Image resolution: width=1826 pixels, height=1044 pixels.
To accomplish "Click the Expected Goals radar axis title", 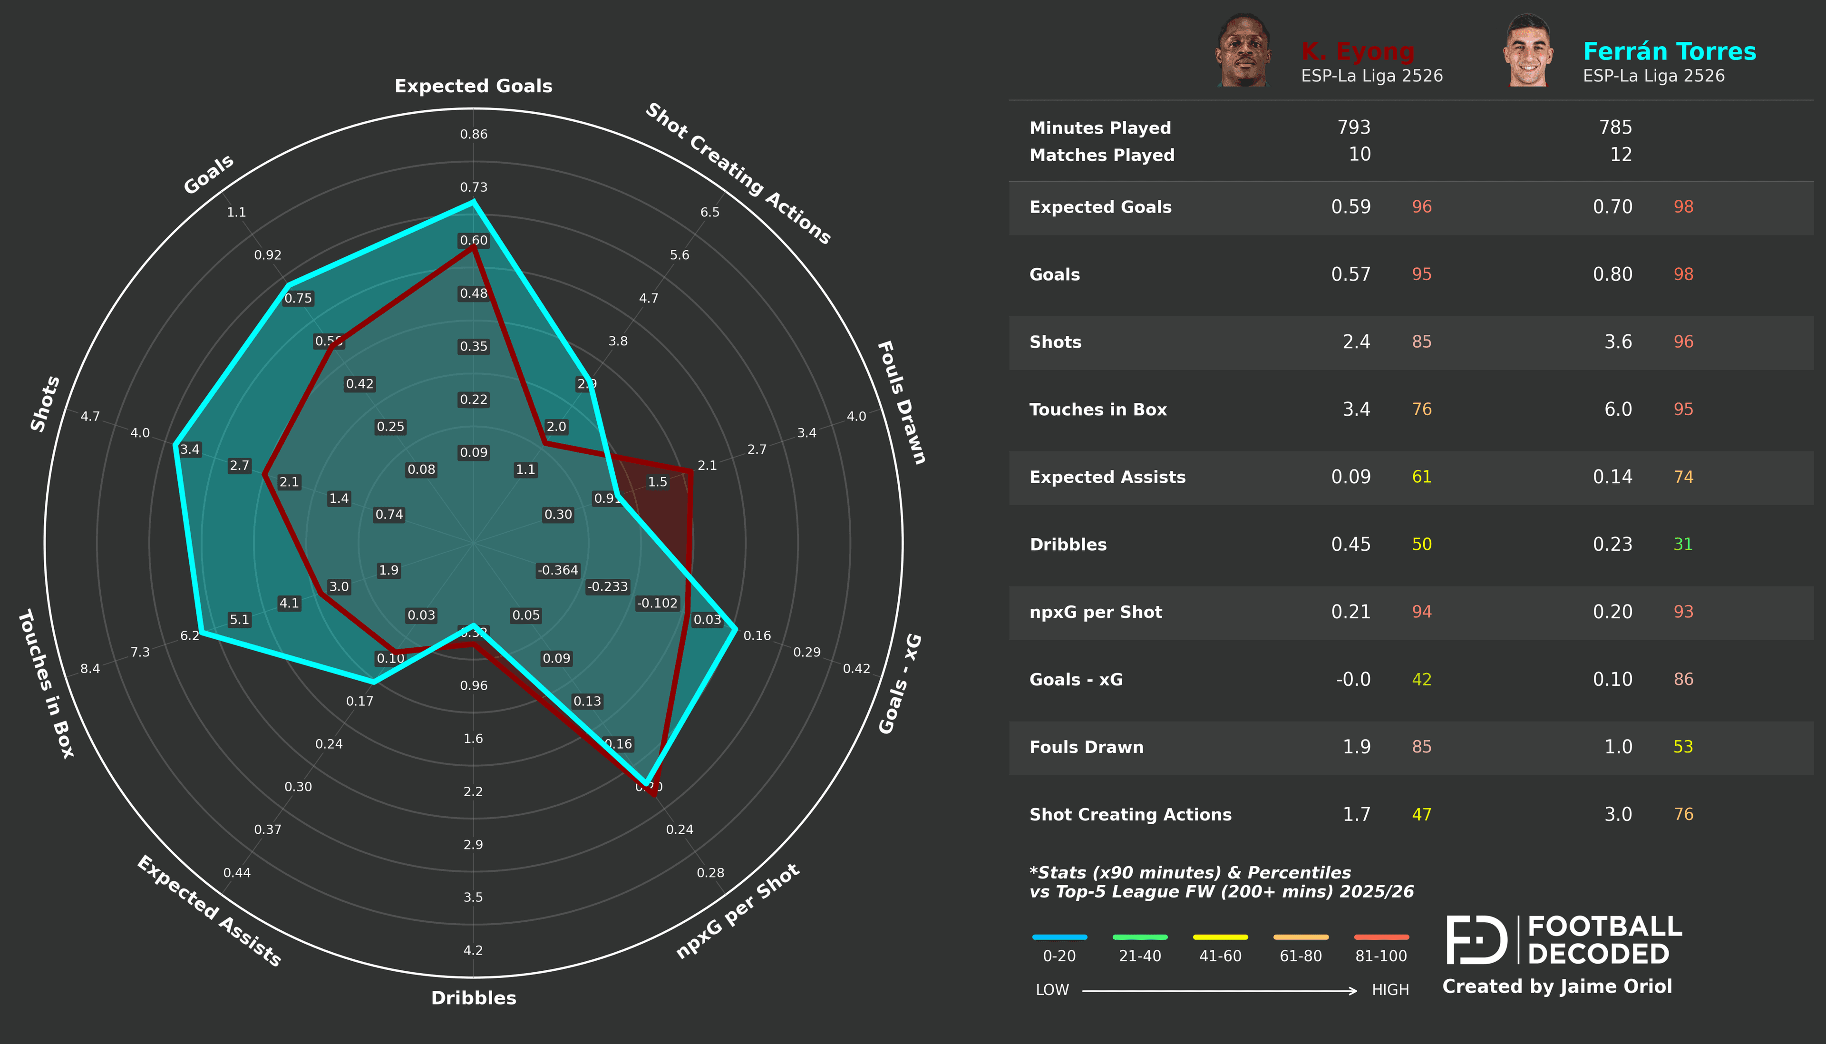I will (473, 86).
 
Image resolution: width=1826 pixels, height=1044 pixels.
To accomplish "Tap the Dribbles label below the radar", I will (473, 997).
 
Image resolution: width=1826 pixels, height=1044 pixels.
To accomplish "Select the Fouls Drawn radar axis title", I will (902, 402).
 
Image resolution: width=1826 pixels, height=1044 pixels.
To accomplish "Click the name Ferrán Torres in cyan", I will (1669, 52).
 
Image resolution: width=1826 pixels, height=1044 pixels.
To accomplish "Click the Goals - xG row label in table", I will (1076, 680).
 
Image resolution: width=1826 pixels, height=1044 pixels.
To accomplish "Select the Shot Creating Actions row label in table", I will (1130, 815).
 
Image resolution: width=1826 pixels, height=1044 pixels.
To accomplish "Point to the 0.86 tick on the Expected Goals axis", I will (473, 134).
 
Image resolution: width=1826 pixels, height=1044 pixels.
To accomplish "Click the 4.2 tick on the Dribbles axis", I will (473, 950).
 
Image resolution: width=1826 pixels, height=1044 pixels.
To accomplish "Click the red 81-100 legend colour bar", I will (1381, 937).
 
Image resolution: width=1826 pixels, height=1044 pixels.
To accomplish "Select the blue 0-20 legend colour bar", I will (1059, 937).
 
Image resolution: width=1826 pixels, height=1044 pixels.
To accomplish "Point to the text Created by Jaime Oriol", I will (1556, 986).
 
